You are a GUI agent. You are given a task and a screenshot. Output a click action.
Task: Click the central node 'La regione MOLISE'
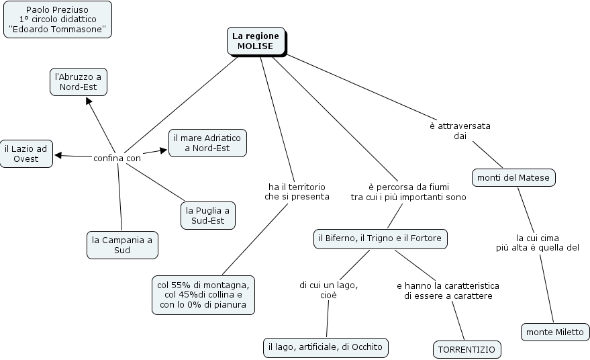click(x=256, y=41)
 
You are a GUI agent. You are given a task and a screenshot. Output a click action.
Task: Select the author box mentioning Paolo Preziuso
click(x=57, y=19)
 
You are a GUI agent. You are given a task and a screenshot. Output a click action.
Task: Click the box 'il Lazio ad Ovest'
click(x=26, y=154)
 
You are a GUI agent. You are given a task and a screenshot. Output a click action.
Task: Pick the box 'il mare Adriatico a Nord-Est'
click(x=207, y=142)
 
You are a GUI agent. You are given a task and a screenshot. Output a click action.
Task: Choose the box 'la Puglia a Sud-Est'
click(x=208, y=216)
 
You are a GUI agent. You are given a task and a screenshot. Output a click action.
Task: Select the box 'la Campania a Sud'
click(x=122, y=245)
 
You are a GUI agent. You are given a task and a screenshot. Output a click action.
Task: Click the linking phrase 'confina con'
click(x=117, y=159)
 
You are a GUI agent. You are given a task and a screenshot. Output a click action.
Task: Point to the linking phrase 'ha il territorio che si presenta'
click(x=297, y=191)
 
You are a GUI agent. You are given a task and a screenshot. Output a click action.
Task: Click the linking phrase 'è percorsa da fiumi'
click(x=408, y=191)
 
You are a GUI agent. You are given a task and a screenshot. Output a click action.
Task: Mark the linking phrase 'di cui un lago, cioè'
click(x=328, y=290)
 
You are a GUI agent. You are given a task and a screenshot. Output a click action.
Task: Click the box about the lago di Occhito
click(x=325, y=347)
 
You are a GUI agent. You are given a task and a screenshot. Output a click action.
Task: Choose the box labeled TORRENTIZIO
click(x=466, y=350)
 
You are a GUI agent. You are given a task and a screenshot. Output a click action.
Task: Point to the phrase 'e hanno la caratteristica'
click(x=448, y=290)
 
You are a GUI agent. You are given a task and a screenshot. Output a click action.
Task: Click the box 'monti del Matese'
click(x=513, y=178)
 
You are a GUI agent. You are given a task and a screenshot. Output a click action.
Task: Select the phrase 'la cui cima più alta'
click(x=537, y=242)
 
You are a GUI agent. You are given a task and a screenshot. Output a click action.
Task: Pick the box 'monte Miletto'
click(x=554, y=332)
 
